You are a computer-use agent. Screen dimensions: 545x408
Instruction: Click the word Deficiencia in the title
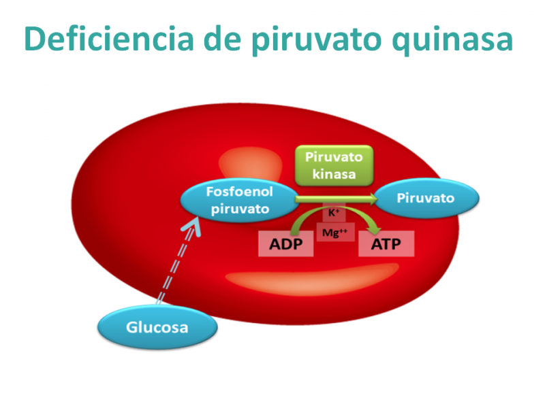[x=109, y=39]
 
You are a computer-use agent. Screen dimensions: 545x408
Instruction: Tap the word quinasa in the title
[x=452, y=41]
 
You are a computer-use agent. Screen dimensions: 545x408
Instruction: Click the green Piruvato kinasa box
[x=334, y=165]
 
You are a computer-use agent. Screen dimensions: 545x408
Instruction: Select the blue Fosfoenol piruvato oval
[x=240, y=200]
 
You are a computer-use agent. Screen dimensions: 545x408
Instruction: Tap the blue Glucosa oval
[x=157, y=327]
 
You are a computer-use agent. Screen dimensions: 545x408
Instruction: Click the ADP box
[x=285, y=244]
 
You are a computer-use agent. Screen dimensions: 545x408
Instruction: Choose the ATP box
[x=386, y=244]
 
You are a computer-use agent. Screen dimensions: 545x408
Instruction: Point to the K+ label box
[x=334, y=212]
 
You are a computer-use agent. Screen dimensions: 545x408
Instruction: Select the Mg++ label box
[x=335, y=232]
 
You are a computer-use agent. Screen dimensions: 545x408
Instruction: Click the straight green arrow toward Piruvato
[x=336, y=199]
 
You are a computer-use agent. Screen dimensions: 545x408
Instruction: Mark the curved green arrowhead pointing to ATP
[x=374, y=230]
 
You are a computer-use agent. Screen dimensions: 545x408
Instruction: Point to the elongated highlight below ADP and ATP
[x=312, y=279]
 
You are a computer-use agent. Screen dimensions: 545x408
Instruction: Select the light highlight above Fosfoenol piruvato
[x=250, y=163]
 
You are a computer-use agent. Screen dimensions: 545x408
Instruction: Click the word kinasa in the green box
[x=334, y=174]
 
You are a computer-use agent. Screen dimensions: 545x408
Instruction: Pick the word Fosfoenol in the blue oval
[x=240, y=192]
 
